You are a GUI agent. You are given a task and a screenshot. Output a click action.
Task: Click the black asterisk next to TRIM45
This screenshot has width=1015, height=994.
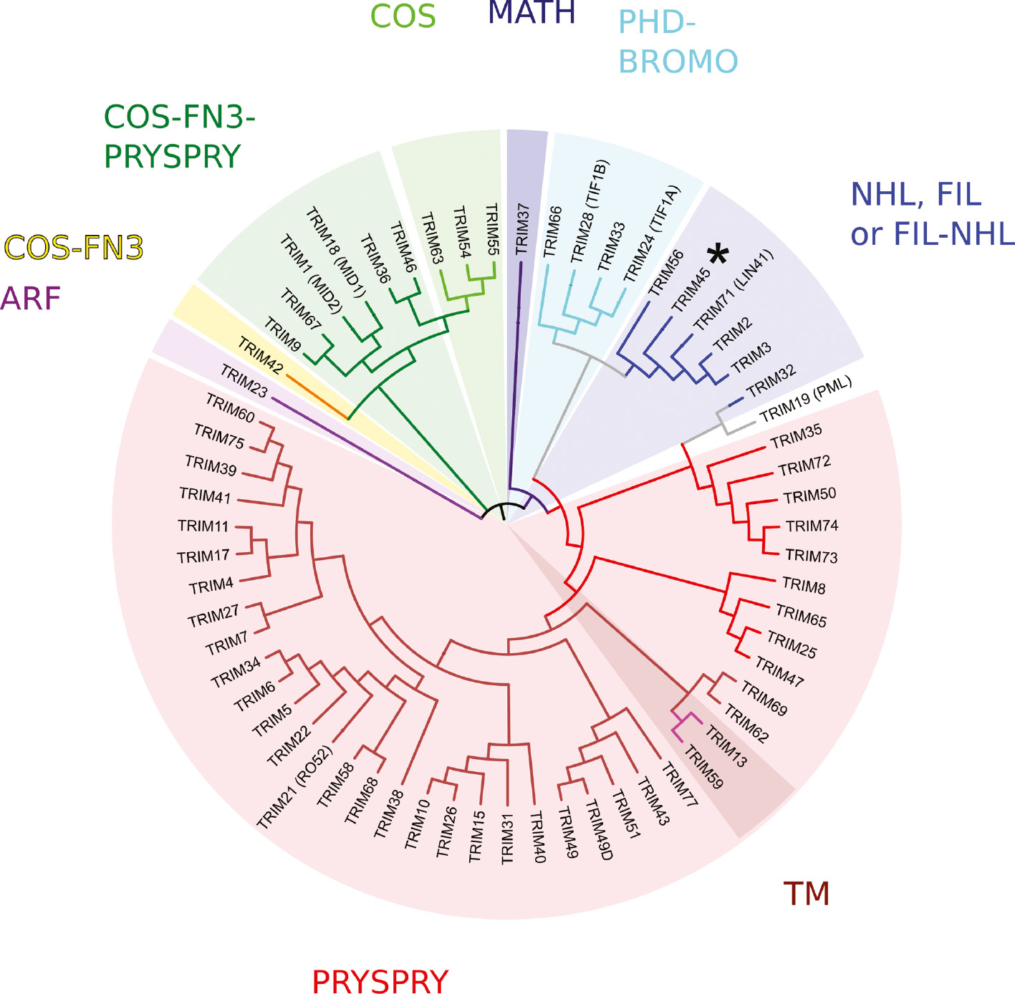pyautogui.click(x=718, y=254)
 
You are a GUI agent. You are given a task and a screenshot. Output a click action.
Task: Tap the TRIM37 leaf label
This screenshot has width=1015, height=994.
pyautogui.click(x=523, y=229)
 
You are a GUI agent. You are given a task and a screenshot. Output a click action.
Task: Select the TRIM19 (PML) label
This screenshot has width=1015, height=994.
pyautogui.click(x=806, y=401)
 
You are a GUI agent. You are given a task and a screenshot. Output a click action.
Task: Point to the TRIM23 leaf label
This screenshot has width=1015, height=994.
pyautogui.click(x=244, y=381)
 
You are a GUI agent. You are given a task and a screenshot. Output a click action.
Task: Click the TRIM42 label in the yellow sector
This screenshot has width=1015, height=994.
pyautogui.click(x=260, y=355)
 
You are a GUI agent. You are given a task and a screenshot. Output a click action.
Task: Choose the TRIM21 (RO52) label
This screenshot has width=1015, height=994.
pyautogui.click(x=295, y=788)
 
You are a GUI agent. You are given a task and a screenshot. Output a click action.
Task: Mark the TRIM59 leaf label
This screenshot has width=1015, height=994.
pyautogui.click(x=703, y=767)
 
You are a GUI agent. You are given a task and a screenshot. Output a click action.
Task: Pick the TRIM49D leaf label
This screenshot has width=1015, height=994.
pyautogui.click(x=599, y=829)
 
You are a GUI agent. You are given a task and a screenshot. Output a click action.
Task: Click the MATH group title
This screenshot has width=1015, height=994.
pyautogui.click(x=531, y=13)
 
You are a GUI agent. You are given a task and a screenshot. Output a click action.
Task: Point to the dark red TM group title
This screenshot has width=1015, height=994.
pyautogui.click(x=807, y=894)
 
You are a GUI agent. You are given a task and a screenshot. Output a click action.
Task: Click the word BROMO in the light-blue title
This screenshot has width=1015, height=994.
pyautogui.click(x=678, y=62)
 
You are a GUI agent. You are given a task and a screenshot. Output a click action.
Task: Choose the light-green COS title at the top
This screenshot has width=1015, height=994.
pyautogui.click(x=403, y=16)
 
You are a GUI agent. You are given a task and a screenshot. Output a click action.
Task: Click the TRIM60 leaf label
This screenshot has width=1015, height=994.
pyautogui.click(x=230, y=407)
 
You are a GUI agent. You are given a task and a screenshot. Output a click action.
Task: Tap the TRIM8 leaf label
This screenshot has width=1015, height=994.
pyautogui.click(x=804, y=586)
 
